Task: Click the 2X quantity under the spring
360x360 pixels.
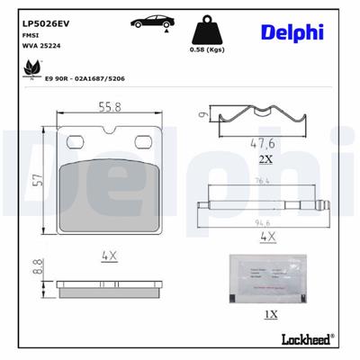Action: tap(265, 158)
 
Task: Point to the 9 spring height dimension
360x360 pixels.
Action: tap(202, 114)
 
